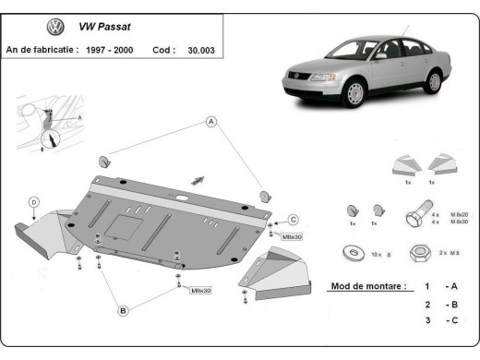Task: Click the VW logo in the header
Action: (x=55, y=29)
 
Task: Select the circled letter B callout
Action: (x=122, y=311)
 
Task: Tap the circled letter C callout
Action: (x=293, y=219)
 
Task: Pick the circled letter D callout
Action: (x=33, y=201)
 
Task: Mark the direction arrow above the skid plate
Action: (x=196, y=178)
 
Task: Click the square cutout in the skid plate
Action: (x=124, y=222)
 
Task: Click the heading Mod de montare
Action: (x=366, y=287)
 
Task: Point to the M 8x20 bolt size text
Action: (x=454, y=214)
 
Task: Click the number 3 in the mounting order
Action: (x=426, y=320)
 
